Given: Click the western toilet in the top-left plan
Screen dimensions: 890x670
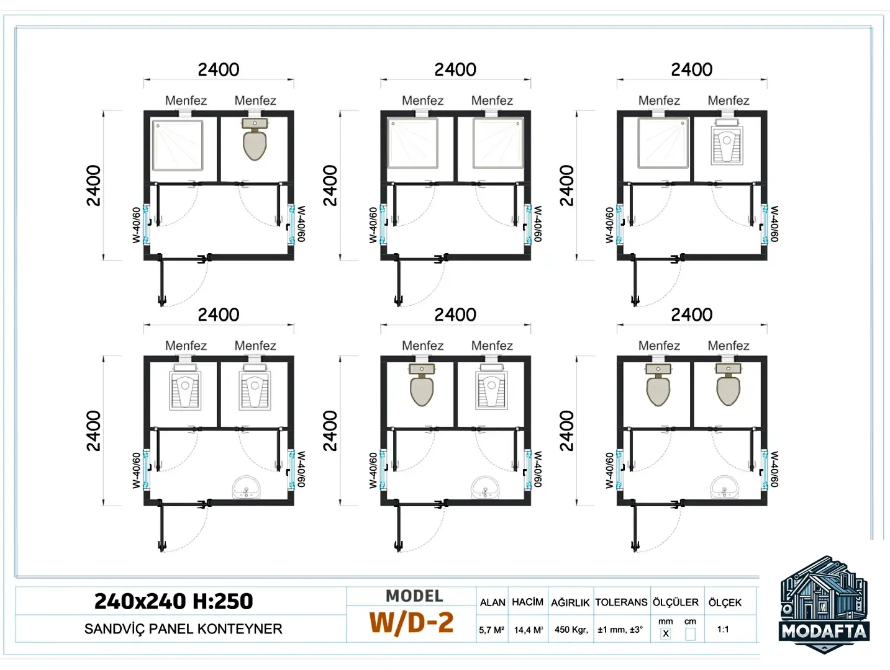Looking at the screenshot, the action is tap(255, 139).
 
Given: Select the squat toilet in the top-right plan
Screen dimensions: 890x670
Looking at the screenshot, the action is tap(727, 141).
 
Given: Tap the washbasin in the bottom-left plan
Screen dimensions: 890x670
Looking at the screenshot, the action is tap(246, 487).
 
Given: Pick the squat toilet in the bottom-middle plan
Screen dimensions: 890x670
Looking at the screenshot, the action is tap(491, 387).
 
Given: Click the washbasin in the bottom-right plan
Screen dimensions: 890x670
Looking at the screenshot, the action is tap(724, 487).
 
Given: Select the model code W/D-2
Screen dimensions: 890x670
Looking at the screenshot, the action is tap(411, 623).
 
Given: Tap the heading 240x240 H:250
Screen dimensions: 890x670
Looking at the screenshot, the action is tap(173, 601).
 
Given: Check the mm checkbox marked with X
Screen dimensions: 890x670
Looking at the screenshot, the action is tap(665, 633).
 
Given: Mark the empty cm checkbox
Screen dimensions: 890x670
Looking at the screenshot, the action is tap(690, 633).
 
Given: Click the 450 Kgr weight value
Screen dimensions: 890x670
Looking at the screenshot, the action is tap(571, 630).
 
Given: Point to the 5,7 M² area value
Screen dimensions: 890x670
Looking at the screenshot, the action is tap(491, 630).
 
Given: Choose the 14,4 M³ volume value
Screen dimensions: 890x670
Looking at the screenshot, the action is tap(529, 630).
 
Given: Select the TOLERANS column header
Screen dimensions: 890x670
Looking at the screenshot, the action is tap(621, 602).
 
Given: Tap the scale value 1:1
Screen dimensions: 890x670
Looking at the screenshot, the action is tap(723, 629).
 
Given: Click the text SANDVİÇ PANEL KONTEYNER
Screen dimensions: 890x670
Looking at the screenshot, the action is tap(183, 629).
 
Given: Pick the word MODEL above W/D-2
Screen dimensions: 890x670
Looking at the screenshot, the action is tap(414, 596).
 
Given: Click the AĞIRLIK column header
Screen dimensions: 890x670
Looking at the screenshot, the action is tap(570, 602).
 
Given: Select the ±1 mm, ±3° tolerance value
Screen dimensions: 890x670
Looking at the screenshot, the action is tap(620, 630).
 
